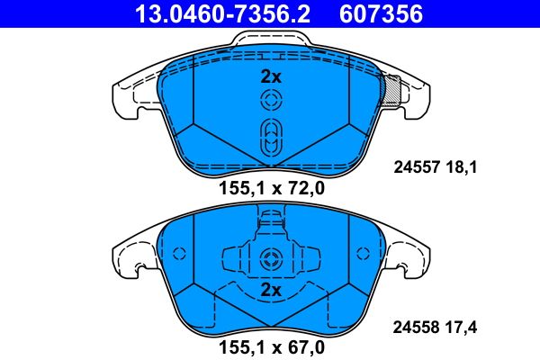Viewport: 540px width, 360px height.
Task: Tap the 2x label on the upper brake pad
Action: click(271, 76)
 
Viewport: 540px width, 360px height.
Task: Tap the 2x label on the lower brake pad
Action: click(271, 291)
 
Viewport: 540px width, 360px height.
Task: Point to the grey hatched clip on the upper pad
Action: click(392, 90)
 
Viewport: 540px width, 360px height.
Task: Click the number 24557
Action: click(417, 166)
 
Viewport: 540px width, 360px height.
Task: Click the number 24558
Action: click(417, 329)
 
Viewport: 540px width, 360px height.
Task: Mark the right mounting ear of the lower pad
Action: click(410, 256)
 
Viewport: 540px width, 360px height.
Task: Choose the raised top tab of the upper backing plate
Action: click(271, 40)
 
